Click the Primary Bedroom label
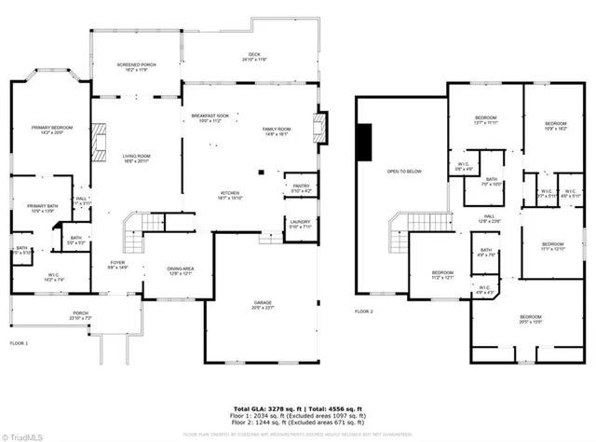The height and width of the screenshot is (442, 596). click(52, 130)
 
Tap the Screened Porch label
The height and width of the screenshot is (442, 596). click(136, 67)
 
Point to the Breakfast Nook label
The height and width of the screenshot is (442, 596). click(210, 118)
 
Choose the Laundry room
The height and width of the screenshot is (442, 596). click(299, 225)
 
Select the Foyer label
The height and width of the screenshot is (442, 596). click(117, 266)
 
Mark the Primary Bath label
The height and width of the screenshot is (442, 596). click(42, 208)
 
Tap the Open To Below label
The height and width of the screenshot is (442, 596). click(405, 172)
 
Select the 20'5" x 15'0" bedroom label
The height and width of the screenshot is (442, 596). click(530, 319)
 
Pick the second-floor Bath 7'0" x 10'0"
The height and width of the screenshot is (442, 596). click(491, 181)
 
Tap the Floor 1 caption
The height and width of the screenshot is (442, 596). click(19, 344)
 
